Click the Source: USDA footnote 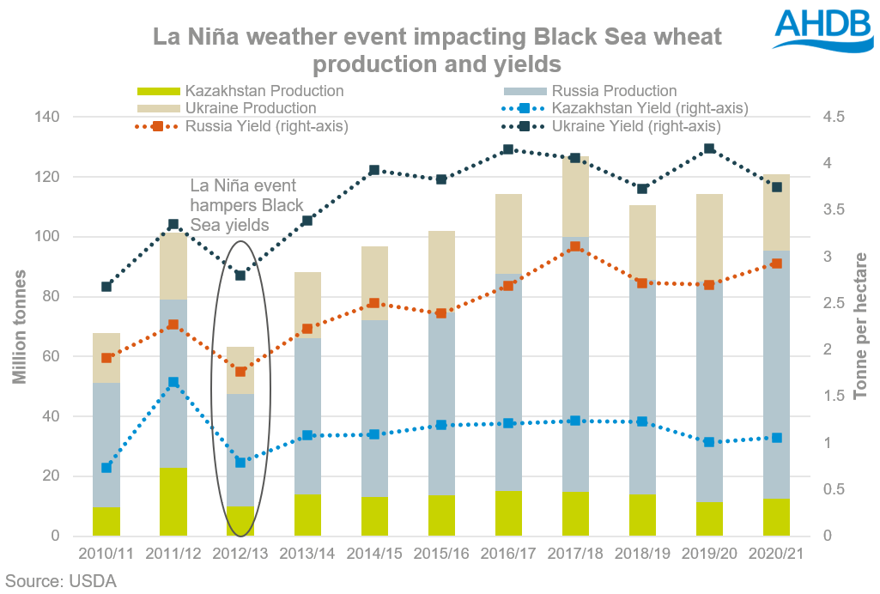[x=60, y=581]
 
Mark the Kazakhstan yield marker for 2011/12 [x=173, y=383]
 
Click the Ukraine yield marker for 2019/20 [x=709, y=149]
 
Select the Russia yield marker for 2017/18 [x=575, y=247]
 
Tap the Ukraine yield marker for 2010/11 [x=106, y=287]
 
